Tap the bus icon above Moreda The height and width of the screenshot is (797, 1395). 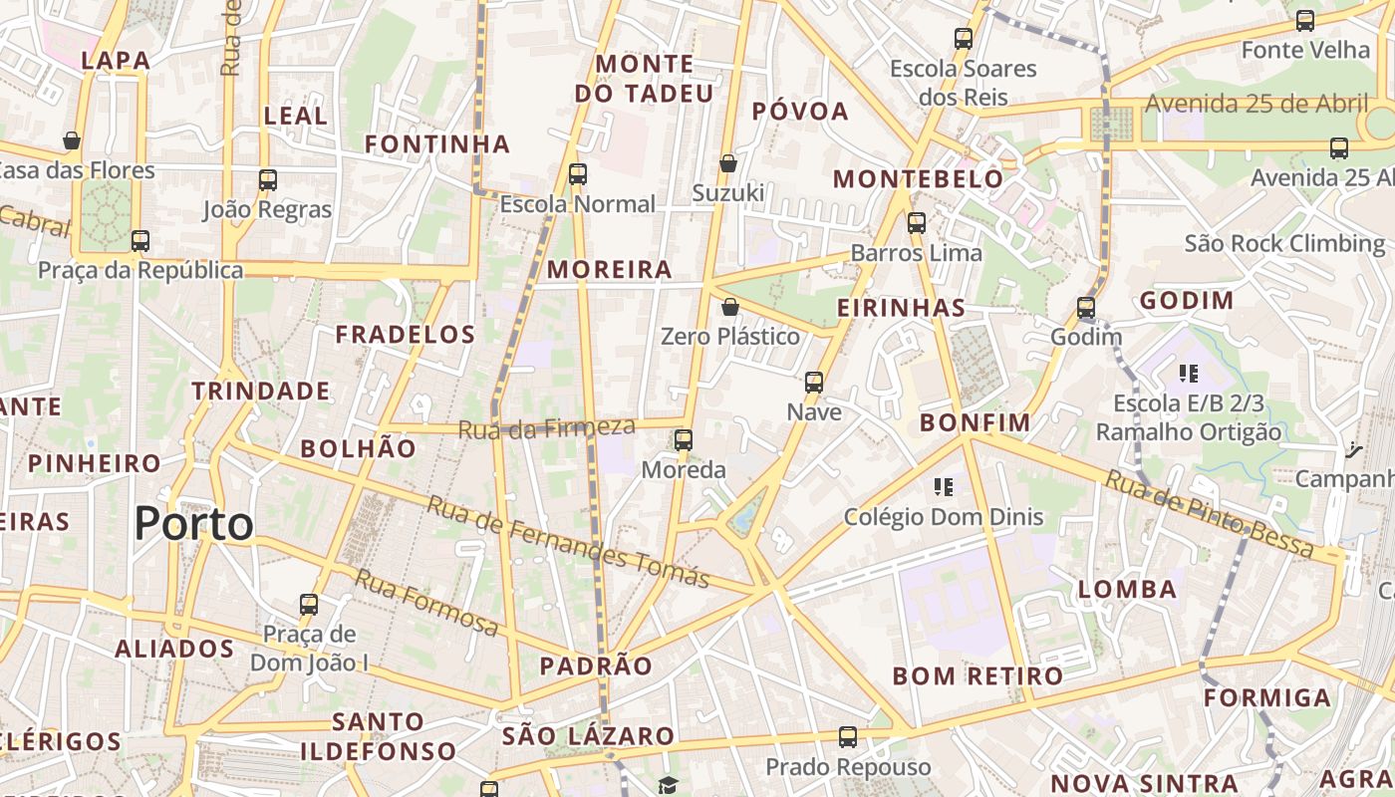point(684,439)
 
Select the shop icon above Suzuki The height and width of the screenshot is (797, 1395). point(728,163)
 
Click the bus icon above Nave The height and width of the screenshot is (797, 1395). point(814,383)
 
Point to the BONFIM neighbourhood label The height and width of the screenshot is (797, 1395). point(975,422)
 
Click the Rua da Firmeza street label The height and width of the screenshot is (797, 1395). point(546,429)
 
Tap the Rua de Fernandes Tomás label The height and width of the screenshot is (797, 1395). point(568,542)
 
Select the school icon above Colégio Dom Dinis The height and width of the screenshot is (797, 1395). point(943,487)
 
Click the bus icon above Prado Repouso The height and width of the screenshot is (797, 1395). point(847,737)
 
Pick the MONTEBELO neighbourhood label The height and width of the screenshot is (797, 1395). point(918,179)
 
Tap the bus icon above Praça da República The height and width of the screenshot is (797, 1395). point(140,241)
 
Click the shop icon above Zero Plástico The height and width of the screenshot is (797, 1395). point(730,307)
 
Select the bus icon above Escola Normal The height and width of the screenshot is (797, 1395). point(577,174)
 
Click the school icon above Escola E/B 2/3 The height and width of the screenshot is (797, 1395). point(1188,374)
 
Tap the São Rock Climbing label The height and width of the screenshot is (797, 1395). point(1284,244)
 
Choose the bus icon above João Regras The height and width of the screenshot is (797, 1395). point(267,180)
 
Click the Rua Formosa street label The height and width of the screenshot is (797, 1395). point(426,603)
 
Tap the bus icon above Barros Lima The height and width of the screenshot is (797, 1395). point(917,223)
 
